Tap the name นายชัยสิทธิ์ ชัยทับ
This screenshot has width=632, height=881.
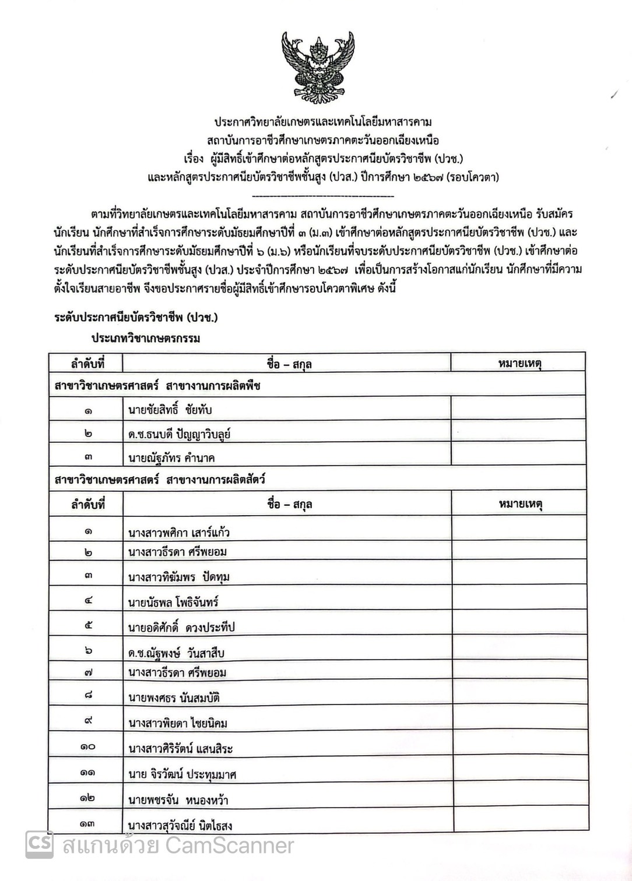tap(170, 410)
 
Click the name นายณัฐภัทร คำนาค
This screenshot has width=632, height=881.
tap(171, 458)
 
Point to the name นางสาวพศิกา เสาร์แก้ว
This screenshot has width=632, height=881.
tap(182, 532)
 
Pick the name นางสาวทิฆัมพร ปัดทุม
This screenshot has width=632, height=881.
tap(179, 577)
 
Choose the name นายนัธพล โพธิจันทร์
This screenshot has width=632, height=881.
tap(174, 601)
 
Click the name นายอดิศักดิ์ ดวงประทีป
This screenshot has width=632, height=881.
tap(181, 628)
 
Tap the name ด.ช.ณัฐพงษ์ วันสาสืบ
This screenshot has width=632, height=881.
tap(177, 653)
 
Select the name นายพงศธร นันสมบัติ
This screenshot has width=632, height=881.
tap(174, 698)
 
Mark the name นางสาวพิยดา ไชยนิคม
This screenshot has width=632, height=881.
tap(178, 724)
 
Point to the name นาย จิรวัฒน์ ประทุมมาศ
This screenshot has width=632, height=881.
tap(182, 774)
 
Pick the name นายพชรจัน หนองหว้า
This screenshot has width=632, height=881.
tap(178, 800)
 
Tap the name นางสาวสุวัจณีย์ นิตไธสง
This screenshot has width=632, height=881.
tap(181, 825)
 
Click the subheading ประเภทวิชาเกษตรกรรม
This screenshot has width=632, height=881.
tap(145, 339)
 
